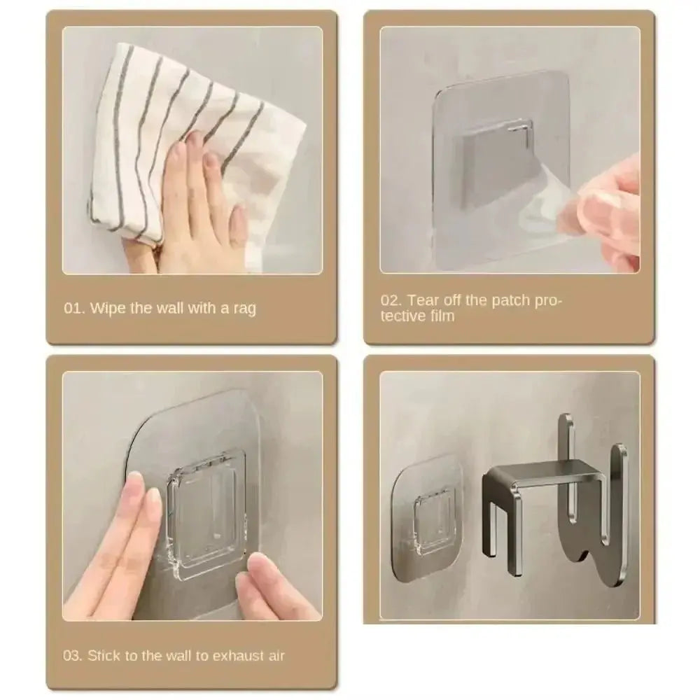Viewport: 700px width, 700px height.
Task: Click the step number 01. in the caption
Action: click(x=74, y=308)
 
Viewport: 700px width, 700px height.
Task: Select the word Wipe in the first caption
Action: click(x=108, y=308)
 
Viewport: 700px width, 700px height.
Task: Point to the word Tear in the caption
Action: click(x=423, y=300)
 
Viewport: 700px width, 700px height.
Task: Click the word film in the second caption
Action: click(x=438, y=316)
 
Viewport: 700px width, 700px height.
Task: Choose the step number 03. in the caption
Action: click(x=73, y=656)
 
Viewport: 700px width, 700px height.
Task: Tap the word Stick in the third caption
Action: click(x=104, y=656)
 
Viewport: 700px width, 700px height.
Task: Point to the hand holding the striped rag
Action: click(x=199, y=210)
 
